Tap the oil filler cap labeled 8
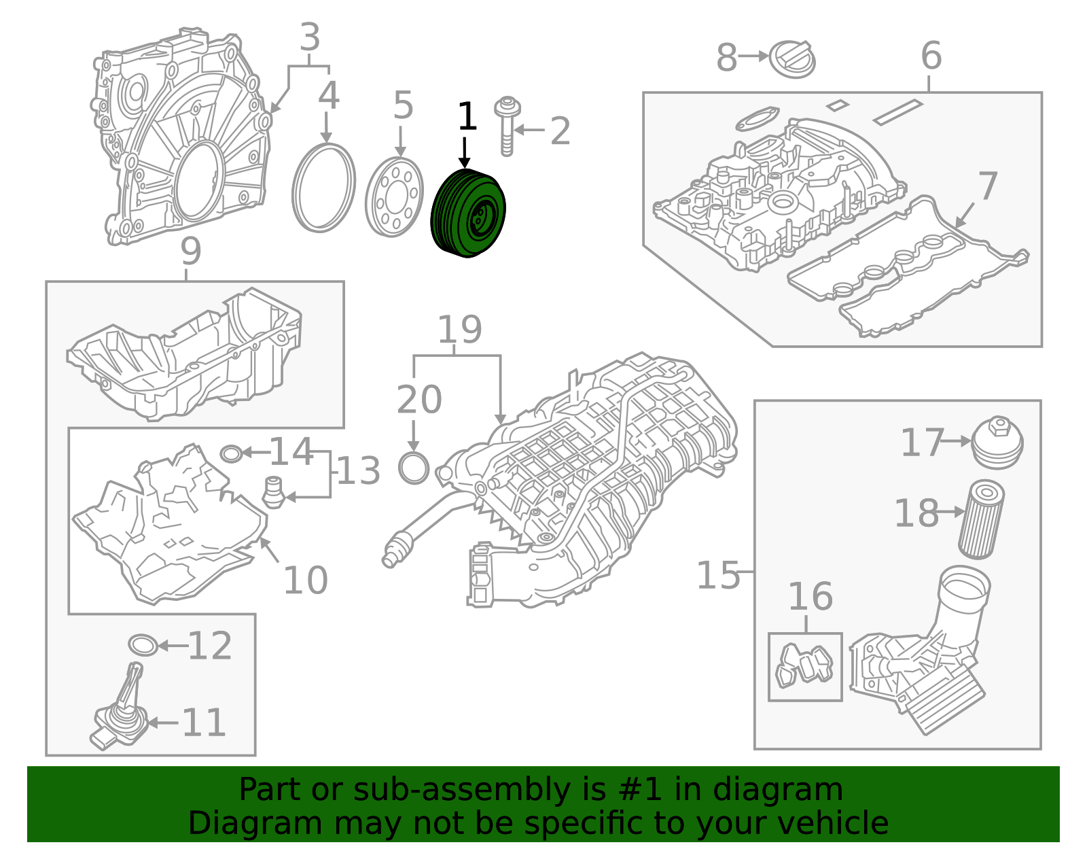pyautogui.click(x=792, y=58)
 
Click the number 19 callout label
pyautogui.click(x=459, y=330)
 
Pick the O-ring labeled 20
pyautogui.click(x=414, y=468)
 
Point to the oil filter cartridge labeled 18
pyautogui.click(x=981, y=519)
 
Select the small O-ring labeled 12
pyautogui.click(x=143, y=645)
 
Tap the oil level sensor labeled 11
pyautogui.click(x=120, y=714)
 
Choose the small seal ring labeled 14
pyautogui.click(x=231, y=453)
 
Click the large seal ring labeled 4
pyautogui.click(x=323, y=188)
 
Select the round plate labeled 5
pyautogui.click(x=394, y=197)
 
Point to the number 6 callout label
pyautogui.click(x=931, y=56)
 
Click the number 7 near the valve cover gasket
pyautogui.click(x=987, y=186)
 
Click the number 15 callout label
pyautogui.click(x=717, y=576)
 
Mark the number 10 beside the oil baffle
pyautogui.click(x=305, y=581)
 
